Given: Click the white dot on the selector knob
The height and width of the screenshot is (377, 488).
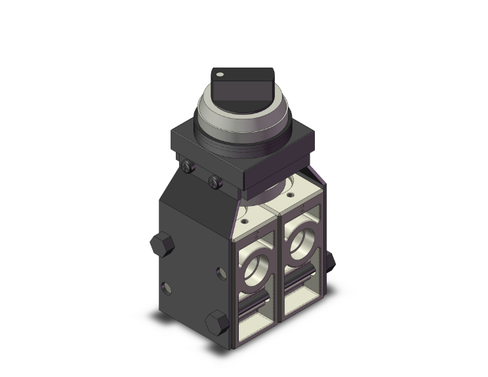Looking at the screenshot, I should pyautogui.click(x=221, y=74).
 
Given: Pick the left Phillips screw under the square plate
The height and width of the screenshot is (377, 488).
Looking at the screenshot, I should pyautogui.click(x=189, y=169).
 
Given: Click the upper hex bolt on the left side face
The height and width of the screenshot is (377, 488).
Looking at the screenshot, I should pyautogui.click(x=159, y=245).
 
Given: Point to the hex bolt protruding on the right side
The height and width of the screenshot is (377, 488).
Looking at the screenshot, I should pyautogui.click(x=329, y=261).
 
